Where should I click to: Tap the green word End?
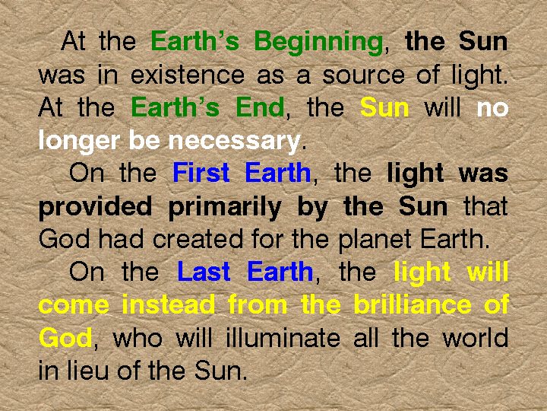(260, 107)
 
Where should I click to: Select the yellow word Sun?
(384, 107)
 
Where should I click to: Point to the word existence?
(188, 74)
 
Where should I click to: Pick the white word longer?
(81, 141)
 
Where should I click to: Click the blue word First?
(201, 173)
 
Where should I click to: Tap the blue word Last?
(204, 272)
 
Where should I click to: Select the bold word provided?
(95, 207)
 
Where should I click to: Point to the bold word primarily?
(225, 207)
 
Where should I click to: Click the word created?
(198, 239)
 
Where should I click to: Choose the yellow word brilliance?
(413, 304)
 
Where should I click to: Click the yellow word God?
(65, 337)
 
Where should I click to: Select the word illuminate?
(283, 338)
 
